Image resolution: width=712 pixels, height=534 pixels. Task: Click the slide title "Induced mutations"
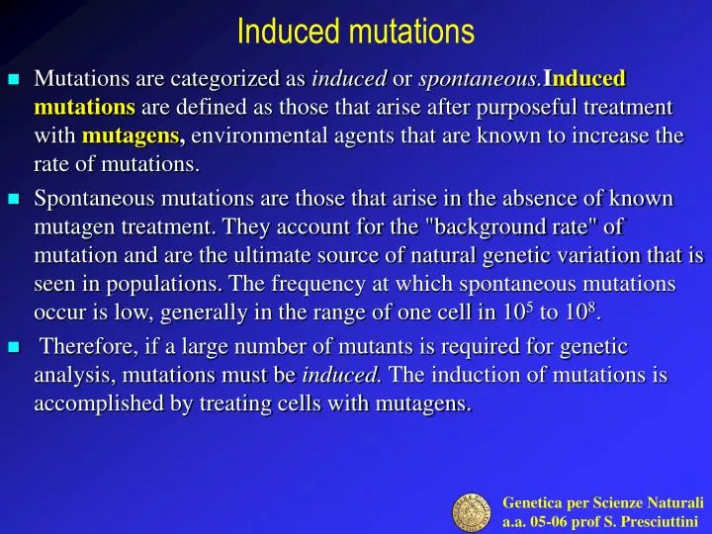(356, 32)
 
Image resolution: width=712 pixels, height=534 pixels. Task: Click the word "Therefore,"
(87, 347)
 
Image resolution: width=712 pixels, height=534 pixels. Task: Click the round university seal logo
(474, 511)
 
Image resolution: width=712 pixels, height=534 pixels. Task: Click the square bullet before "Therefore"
(14, 348)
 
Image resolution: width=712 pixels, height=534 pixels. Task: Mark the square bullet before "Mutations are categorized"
(14, 79)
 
